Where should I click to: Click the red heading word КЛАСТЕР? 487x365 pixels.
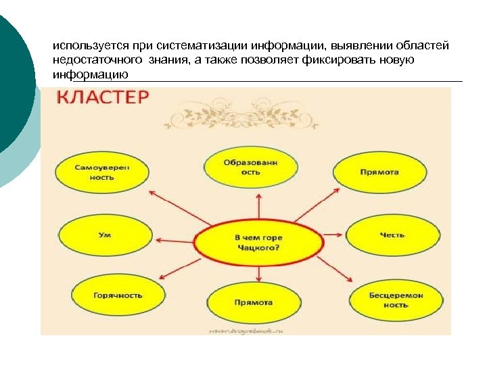(102, 99)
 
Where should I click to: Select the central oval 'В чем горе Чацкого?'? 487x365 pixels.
(258, 243)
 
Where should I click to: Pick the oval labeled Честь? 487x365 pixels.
(392, 235)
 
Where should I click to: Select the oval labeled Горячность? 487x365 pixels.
(118, 296)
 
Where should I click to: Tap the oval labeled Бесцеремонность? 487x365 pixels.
(396, 300)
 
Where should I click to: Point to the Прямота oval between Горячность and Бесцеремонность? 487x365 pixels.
(253, 302)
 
